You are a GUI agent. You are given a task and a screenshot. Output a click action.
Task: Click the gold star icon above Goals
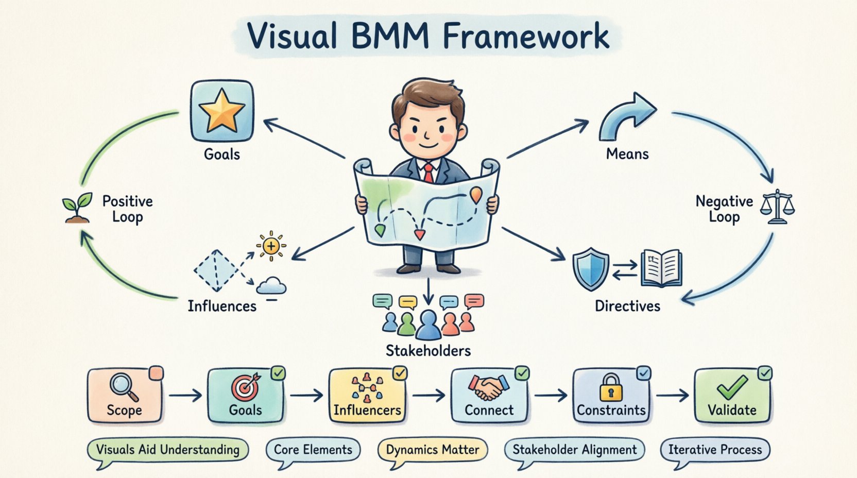pyautogui.click(x=221, y=110)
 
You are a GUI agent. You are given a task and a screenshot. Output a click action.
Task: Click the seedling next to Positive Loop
pyautogui.click(x=77, y=207)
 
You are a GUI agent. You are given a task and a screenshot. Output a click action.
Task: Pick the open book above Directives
pyautogui.click(x=662, y=268)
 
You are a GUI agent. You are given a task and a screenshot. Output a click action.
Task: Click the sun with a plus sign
pyautogui.click(x=271, y=246)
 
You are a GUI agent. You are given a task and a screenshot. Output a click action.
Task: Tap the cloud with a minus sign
pyautogui.click(x=271, y=286)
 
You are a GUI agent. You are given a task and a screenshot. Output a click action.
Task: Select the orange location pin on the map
pyautogui.click(x=476, y=195)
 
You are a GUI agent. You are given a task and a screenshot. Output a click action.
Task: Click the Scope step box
pyautogui.click(x=125, y=396)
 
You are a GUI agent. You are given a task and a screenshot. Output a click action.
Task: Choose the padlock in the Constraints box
pyautogui.click(x=611, y=387)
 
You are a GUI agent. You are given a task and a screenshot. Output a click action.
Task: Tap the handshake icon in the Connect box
pyautogui.click(x=488, y=387)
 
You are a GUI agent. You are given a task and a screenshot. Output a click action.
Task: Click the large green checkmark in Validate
pyautogui.click(x=732, y=387)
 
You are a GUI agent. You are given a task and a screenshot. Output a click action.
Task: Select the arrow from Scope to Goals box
pyautogui.click(x=185, y=396)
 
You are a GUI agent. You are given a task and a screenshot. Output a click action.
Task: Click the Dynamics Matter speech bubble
pyautogui.click(x=433, y=450)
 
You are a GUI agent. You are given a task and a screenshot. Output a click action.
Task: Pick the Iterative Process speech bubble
pyautogui.click(x=715, y=450)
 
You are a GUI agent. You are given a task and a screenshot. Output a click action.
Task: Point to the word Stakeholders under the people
pyautogui.click(x=428, y=351)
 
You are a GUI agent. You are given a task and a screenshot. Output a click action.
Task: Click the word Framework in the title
pyautogui.click(x=526, y=36)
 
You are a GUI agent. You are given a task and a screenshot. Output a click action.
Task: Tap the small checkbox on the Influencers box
pyautogui.click(x=400, y=373)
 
